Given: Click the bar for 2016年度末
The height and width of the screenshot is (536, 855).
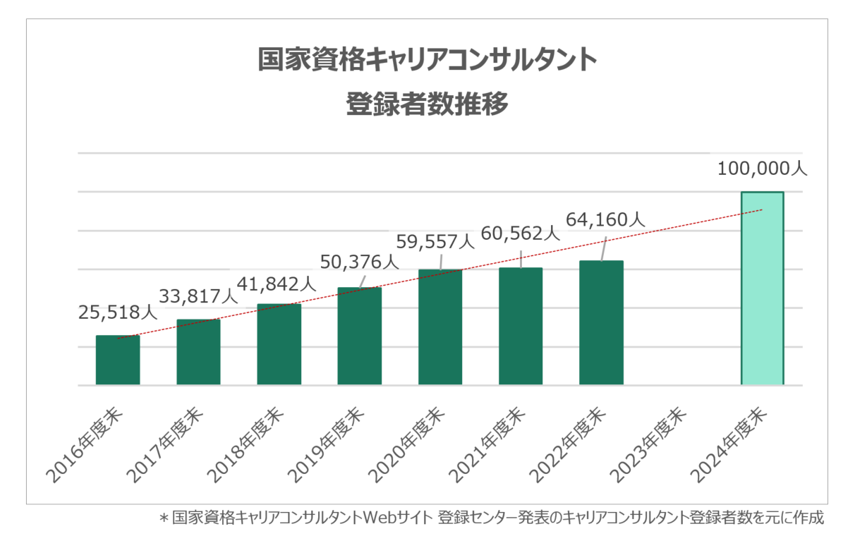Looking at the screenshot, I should tap(118, 360).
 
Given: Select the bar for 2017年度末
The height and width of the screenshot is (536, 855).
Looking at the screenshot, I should tap(198, 352).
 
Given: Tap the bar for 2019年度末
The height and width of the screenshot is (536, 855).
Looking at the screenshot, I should tap(359, 336).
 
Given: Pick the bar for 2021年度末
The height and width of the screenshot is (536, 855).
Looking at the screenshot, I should tap(521, 326).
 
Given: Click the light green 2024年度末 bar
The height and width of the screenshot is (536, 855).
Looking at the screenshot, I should tap(762, 288).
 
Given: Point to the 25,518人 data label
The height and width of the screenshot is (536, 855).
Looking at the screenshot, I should tap(118, 311).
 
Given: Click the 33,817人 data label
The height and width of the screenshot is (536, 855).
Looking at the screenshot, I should tap(198, 295).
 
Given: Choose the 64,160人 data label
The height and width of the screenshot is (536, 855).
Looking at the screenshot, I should tap(605, 219).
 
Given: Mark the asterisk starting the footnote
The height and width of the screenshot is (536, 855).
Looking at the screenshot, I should tap(163, 519).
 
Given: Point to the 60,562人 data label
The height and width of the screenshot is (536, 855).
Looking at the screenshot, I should tap(519, 232).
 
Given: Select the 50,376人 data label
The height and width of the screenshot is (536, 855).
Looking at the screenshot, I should tap(358, 262).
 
